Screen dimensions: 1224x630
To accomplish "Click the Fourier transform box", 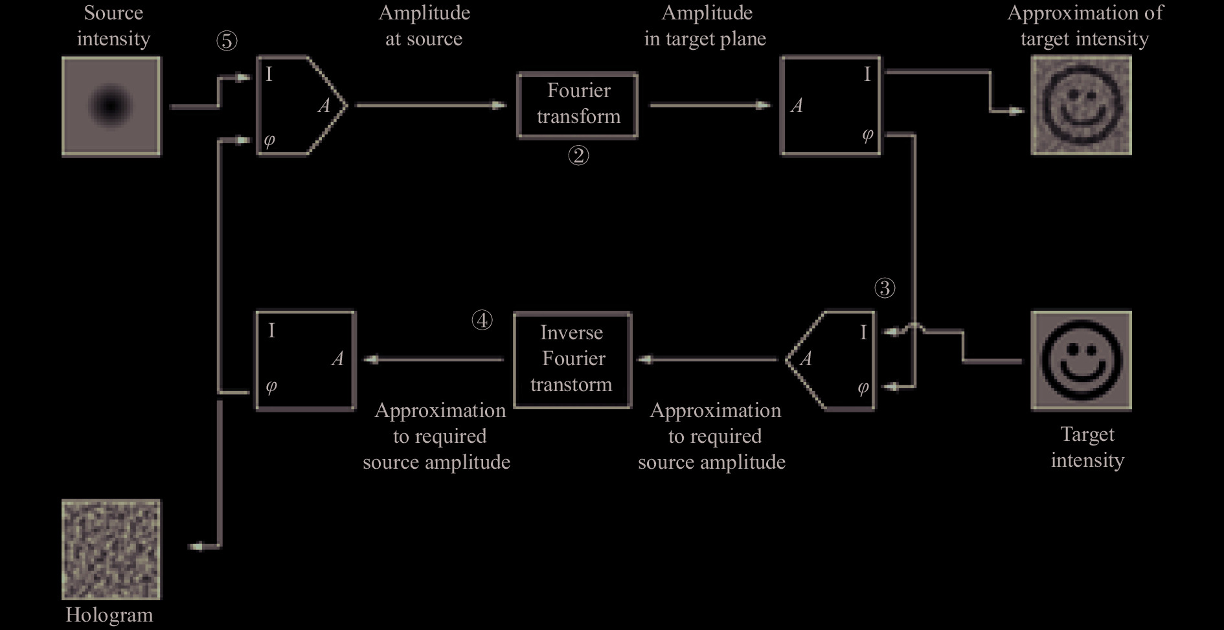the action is pyautogui.click(x=577, y=105).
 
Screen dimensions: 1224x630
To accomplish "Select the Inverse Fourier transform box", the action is pyautogui.click(x=572, y=360).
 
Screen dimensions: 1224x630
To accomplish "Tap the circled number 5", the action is pyautogui.click(x=227, y=41).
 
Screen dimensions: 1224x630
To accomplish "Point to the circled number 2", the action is pyautogui.click(x=578, y=155).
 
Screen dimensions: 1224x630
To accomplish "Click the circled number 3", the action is pyautogui.click(x=885, y=288).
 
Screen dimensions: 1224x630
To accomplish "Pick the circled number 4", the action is pyautogui.click(x=482, y=320).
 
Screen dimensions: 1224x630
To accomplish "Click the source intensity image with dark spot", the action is pyautogui.click(x=111, y=106).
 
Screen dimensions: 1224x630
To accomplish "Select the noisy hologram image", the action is pyautogui.click(x=111, y=549).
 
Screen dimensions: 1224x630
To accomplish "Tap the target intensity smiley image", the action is pyautogui.click(x=1081, y=361).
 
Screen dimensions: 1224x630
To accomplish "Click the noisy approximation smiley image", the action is pyautogui.click(x=1081, y=105).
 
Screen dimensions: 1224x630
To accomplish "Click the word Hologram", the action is pyautogui.click(x=109, y=614).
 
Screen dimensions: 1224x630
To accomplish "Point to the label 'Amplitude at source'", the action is pyautogui.click(x=424, y=25).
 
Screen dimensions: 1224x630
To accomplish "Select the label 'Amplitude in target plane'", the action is pyautogui.click(x=705, y=25).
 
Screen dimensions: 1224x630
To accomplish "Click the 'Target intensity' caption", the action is pyautogui.click(x=1087, y=447).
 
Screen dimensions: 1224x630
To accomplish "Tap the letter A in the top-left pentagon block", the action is pyautogui.click(x=324, y=106).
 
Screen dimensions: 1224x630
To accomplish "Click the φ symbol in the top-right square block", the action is pyautogui.click(x=867, y=135).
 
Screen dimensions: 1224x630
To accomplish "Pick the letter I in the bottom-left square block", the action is pyautogui.click(x=271, y=331).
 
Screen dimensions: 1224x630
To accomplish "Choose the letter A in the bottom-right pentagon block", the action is pyautogui.click(x=806, y=359).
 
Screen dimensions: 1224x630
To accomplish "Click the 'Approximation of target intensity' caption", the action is pyautogui.click(x=1085, y=25).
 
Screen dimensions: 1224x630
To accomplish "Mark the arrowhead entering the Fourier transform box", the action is pyautogui.click(x=499, y=105).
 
